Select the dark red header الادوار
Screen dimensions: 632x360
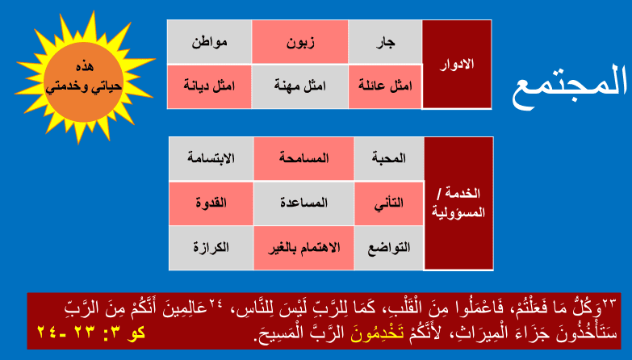(x=457, y=65)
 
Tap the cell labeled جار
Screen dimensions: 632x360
(x=385, y=42)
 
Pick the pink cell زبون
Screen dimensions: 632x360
(x=300, y=42)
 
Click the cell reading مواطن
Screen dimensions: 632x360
(x=210, y=42)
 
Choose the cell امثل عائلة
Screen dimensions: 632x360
(x=385, y=86)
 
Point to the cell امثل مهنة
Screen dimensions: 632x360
(x=300, y=86)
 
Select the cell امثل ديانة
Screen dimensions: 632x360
(x=210, y=86)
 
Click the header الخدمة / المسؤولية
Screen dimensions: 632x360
(x=458, y=203)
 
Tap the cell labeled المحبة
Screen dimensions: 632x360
(x=389, y=158)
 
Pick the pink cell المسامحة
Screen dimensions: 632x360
(x=304, y=158)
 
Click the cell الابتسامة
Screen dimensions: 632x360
(x=211, y=158)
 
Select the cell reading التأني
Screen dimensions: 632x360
(x=389, y=203)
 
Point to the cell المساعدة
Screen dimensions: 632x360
(x=304, y=203)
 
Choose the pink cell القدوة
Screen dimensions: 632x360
(x=211, y=203)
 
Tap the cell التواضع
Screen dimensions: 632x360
(x=389, y=248)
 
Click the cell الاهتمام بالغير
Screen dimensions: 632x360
(x=304, y=248)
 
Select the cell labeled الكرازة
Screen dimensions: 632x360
(x=211, y=248)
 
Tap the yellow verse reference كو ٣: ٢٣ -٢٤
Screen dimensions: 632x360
(x=91, y=333)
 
